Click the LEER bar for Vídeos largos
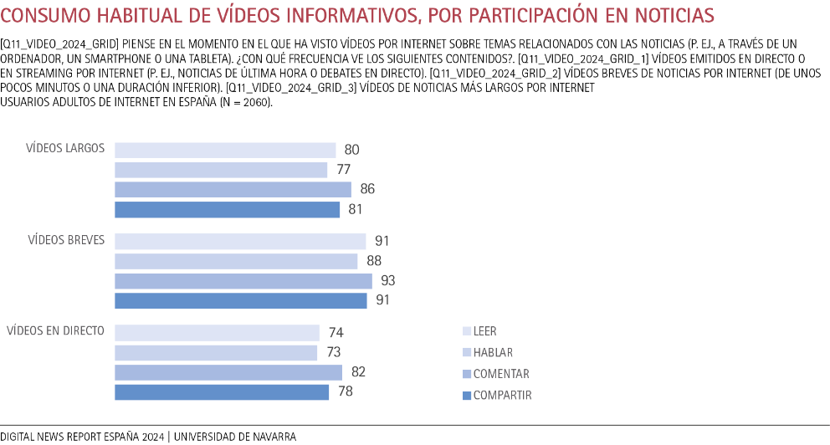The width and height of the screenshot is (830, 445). [x=224, y=151]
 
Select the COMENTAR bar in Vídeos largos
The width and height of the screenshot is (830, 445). [x=233, y=190]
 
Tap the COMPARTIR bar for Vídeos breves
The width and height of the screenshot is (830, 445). [x=240, y=300]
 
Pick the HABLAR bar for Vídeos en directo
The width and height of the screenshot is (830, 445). [x=216, y=353]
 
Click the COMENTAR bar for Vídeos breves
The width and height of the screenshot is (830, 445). [x=243, y=281]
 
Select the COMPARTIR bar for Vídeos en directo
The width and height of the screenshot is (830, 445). [x=222, y=392]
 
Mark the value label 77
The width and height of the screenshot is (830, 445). [x=343, y=170]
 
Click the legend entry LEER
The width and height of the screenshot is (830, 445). [x=484, y=331]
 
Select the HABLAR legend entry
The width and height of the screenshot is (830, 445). [x=493, y=353]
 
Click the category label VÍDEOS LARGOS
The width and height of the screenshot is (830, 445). [x=65, y=148]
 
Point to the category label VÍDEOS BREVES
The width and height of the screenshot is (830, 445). [x=66, y=240]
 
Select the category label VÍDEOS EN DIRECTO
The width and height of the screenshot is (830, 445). [x=55, y=330]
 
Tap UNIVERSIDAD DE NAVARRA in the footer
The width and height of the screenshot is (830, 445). [x=235, y=437]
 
